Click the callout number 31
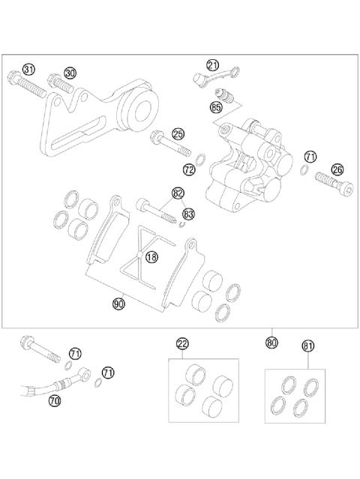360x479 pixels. tap(29, 70)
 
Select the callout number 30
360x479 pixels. tap(70, 73)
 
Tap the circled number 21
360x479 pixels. tap(213, 65)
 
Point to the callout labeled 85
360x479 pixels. tap(217, 108)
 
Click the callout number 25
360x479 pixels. tap(178, 134)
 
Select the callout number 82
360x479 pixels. tap(178, 193)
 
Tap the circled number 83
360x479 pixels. tap(189, 214)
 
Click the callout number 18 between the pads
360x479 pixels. tap(152, 257)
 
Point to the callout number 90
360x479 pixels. tap(118, 304)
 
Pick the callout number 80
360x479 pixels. tap(271, 343)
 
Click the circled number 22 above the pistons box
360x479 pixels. tap(182, 344)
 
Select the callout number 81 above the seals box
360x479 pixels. tap(307, 346)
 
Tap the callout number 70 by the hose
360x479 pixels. tap(54, 401)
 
